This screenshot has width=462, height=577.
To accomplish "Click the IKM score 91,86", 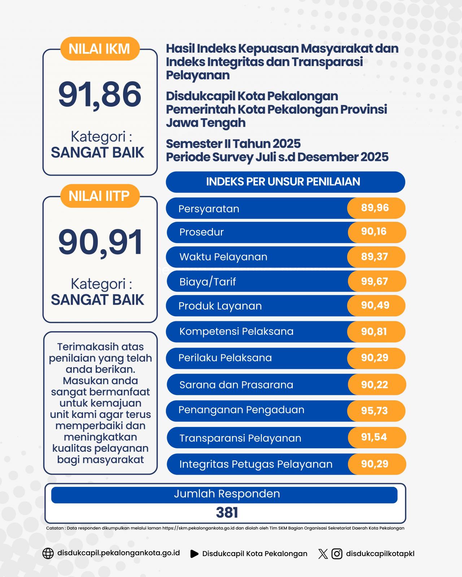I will click(100, 94).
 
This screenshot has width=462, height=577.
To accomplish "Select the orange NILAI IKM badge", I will click(99, 49).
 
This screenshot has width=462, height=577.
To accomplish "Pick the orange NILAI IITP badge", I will click(99, 196).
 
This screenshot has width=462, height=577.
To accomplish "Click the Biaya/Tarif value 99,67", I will click(375, 281).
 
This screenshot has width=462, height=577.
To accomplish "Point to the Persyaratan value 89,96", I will click(375, 208).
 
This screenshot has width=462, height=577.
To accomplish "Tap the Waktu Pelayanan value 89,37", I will click(375, 257).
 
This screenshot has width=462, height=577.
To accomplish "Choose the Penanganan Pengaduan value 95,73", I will click(375, 411).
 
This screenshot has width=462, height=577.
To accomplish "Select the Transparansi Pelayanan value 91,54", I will click(374, 437).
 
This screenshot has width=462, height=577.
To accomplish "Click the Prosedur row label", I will click(201, 232).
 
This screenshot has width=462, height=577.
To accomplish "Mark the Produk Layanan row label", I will click(220, 306).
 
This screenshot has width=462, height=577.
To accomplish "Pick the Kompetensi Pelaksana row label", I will click(236, 331).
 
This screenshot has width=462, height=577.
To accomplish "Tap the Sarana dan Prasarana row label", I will click(236, 385).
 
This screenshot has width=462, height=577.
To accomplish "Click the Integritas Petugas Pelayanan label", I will click(256, 464).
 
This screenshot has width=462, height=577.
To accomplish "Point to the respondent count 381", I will click(227, 512).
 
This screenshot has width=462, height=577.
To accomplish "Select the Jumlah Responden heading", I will click(227, 494).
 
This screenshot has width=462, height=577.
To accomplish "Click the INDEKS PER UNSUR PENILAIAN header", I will click(283, 181).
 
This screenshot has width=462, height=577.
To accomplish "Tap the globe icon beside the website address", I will click(48, 554).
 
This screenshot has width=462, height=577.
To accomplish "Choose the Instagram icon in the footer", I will click(337, 554).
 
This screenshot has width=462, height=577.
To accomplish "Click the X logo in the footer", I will click(323, 554).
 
